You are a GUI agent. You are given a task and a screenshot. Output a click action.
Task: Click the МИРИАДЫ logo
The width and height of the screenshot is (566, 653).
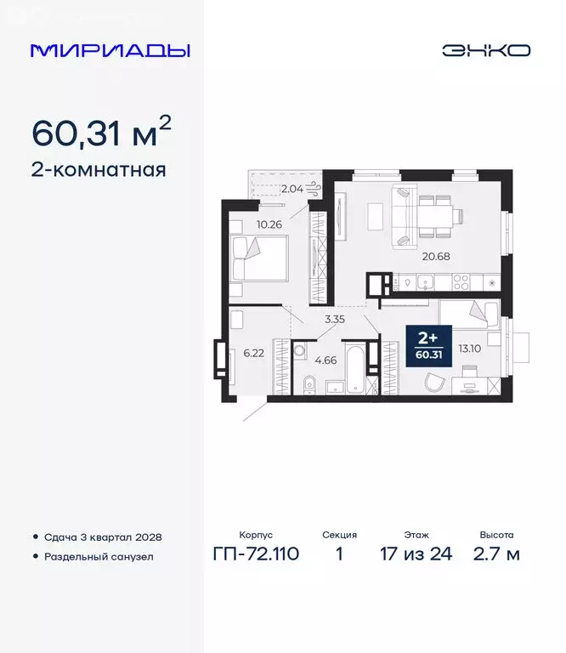(110, 50)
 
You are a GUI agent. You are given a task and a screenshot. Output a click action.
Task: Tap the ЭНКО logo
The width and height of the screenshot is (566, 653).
(485, 50)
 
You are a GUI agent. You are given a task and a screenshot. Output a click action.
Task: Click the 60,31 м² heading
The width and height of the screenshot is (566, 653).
(102, 132)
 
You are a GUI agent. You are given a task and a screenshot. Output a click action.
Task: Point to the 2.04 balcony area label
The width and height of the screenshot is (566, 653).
(291, 188)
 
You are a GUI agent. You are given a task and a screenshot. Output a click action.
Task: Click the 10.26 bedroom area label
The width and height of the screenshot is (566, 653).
(268, 224)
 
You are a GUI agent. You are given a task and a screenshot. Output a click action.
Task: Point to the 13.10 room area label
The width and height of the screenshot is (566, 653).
(470, 347)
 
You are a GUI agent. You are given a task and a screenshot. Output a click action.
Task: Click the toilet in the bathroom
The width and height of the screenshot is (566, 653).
(303, 388)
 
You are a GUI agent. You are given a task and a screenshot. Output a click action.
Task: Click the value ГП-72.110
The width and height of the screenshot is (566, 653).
(255, 555)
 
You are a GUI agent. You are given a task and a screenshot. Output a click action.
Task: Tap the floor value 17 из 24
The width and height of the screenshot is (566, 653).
(416, 555)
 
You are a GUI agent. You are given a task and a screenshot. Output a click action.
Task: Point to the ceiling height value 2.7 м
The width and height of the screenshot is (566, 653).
(496, 555)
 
